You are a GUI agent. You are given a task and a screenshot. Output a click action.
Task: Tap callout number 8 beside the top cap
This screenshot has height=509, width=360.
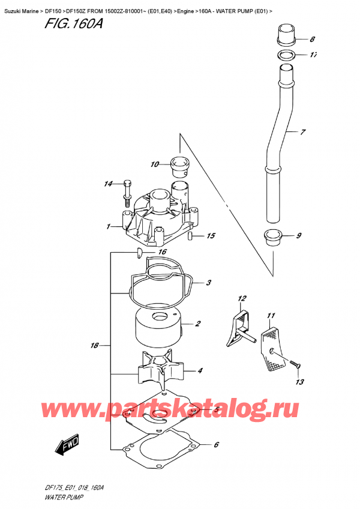point(312,40)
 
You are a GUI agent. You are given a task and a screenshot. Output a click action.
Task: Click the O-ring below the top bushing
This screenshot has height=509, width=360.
point(288,55)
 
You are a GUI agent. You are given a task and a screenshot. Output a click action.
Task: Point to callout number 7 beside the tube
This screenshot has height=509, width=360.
point(303,131)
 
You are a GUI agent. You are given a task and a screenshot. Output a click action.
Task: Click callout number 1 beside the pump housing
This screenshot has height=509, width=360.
point(108,227)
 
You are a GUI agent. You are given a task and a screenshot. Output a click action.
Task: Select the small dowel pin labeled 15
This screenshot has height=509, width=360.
point(190,238)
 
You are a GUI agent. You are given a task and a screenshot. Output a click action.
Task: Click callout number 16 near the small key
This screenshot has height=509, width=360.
point(161,253)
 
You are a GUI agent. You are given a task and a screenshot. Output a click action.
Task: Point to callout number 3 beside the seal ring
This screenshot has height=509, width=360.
point(208,283)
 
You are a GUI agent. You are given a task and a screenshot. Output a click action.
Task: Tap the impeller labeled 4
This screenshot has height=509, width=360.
point(158,370)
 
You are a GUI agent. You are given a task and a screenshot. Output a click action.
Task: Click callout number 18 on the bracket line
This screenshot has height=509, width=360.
point(94,346)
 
